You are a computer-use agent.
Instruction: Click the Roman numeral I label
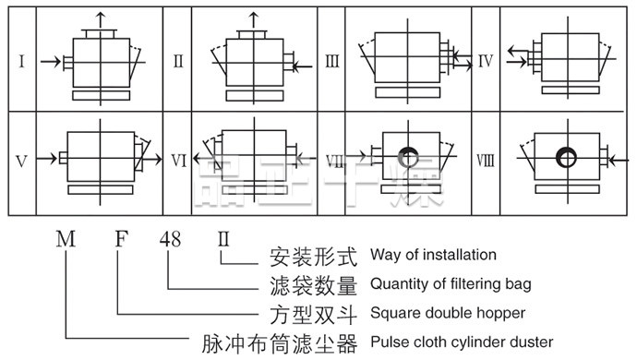[x=21, y=61]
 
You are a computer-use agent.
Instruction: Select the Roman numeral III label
[x=332, y=61]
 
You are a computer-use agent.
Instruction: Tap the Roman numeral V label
[x=21, y=162]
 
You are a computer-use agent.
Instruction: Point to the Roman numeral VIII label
[x=486, y=161]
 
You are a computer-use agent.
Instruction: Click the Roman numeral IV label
[x=486, y=61]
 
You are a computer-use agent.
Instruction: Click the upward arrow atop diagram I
[x=101, y=20]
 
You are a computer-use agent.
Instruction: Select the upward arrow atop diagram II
[x=254, y=20]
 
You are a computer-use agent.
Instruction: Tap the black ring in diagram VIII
[x=566, y=158]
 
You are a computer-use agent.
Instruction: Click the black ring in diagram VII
[x=409, y=157]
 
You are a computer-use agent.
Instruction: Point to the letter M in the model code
[x=66, y=239]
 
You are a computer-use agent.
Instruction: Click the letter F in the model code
[x=122, y=239]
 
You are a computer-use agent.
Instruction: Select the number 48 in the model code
[x=170, y=239]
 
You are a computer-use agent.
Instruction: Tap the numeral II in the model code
[x=223, y=239]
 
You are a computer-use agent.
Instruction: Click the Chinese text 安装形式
[x=313, y=257]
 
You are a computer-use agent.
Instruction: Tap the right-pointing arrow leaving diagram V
[x=148, y=160]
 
